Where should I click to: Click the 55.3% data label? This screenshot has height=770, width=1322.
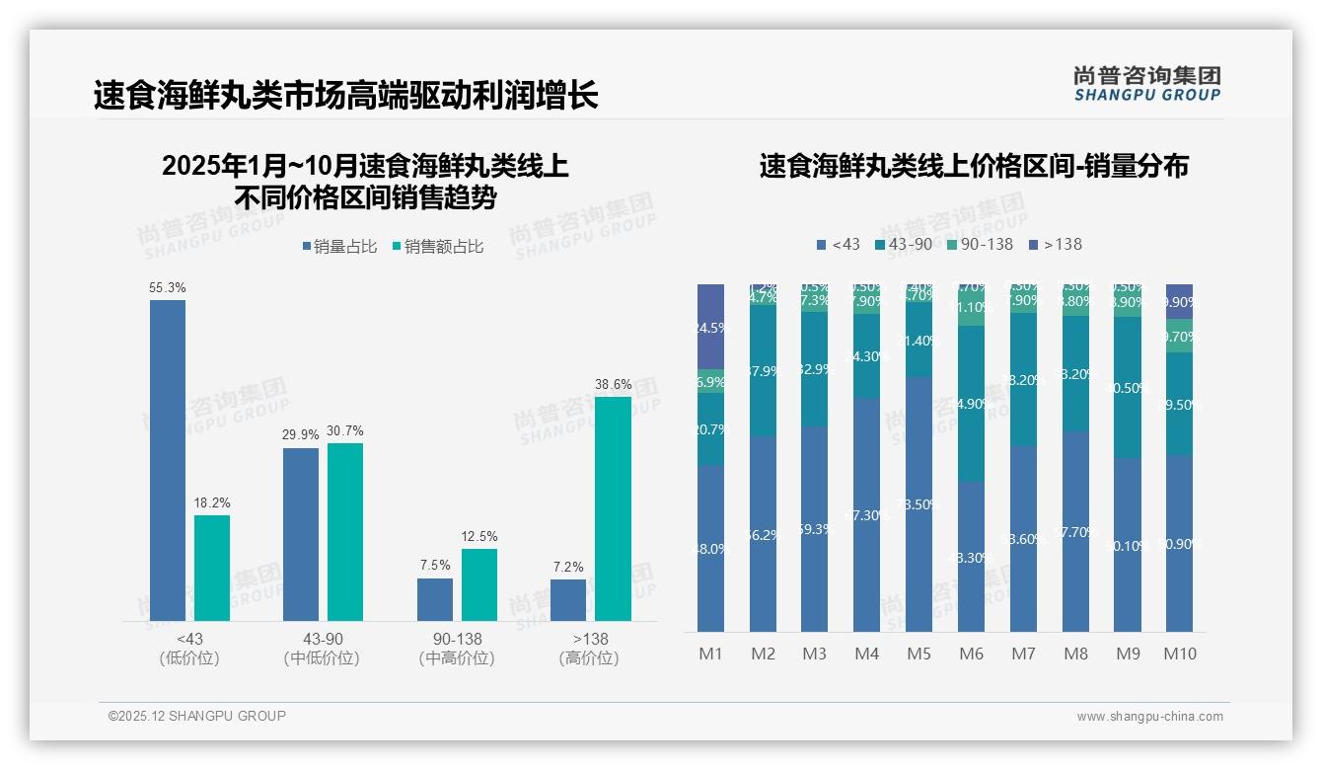coord(168,287)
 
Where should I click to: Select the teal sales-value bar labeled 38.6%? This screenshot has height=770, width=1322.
coord(613,508)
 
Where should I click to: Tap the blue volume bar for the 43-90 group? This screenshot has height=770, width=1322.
coord(301,534)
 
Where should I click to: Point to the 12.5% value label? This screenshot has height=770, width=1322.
coord(479,536)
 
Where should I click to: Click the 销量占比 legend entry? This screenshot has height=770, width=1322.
coord(338,247)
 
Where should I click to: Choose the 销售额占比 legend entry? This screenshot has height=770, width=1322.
coord(437,247)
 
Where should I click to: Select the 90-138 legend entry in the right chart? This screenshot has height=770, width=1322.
coord(980,244)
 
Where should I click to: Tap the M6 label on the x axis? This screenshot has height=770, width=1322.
coord(972,654)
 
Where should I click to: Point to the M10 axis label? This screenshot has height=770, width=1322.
coord(1179,654)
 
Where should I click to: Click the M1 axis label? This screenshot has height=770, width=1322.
coord(711,654)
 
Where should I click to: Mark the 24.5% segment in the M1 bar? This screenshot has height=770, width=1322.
coord(711,327)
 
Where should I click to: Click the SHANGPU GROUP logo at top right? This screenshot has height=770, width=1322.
coord(1146,84)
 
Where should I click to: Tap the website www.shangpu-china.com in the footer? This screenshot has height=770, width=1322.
coord(1149,716)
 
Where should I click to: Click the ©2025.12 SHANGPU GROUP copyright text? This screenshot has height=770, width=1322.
coord(197,716)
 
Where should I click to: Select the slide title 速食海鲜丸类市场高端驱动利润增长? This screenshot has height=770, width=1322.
coord(345,96)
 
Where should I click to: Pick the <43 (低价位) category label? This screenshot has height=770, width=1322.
coord(189,649)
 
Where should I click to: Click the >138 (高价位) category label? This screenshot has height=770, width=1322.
coord(589,649)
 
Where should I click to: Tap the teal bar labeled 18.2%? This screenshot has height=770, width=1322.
coord(212,568)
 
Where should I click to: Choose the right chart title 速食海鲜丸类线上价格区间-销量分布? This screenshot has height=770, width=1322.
coord(974,166)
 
